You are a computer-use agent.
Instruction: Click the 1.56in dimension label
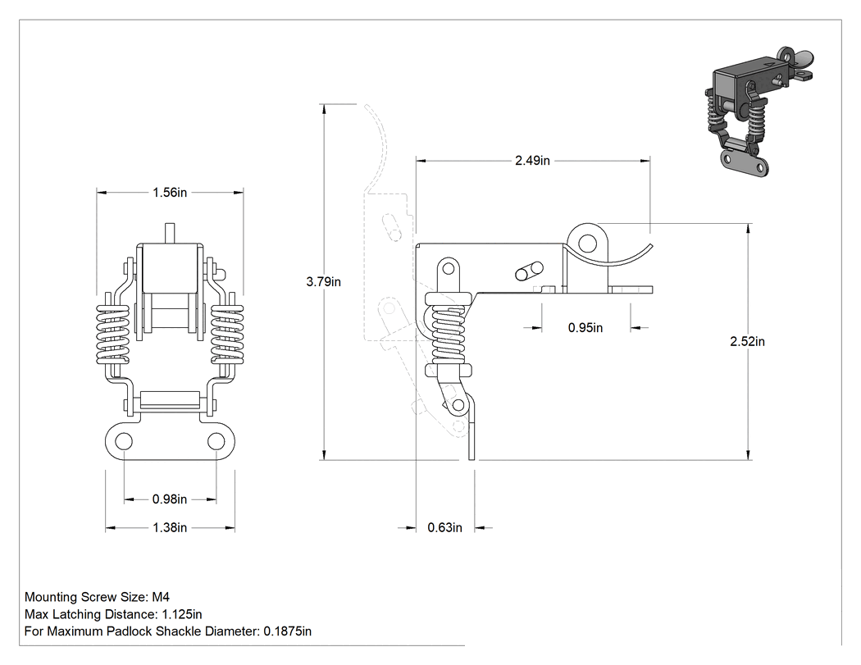click(170, 192)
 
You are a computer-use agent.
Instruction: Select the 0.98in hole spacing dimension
click(170, 499)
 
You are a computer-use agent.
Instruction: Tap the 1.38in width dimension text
click(170, 528)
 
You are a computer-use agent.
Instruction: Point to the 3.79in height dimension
click(323, 282)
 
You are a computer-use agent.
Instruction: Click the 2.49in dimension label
click(532, 161)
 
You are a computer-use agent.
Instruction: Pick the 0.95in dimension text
click(585, 328)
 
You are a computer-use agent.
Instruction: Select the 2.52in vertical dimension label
click(747, 342)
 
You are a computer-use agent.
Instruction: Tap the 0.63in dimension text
click(444, 528)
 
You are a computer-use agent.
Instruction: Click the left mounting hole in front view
click(124, 441)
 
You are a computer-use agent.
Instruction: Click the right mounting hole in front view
click(216, 441)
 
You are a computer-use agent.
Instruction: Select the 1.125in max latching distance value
click(182, 614)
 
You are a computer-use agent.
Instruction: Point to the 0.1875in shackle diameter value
click(288, 631)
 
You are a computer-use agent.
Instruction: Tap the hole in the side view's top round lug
click(588, 242)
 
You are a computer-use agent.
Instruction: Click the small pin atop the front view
click(170, 234)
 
